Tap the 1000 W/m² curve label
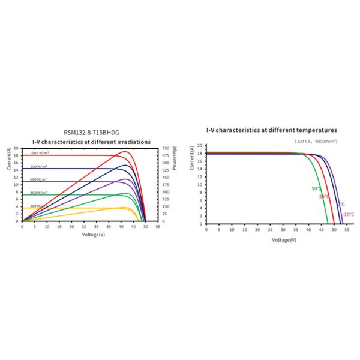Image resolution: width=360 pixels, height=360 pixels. tap(39, 153)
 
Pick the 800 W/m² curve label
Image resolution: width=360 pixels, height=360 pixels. tap(39, 166)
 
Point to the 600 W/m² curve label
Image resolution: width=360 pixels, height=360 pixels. tap(39, 179)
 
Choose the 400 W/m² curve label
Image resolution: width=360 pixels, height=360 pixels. tap(39, 192)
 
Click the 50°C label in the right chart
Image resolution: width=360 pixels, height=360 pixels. tap(316, 189)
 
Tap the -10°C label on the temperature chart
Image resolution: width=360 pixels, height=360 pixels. tap(348, 214)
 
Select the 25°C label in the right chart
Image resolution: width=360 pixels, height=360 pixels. tap(324, 196)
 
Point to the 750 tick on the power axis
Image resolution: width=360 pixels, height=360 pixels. tap(166, 148)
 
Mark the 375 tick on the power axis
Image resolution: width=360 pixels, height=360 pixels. tap(166, 184)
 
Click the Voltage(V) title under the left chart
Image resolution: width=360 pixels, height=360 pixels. tap(94, 235)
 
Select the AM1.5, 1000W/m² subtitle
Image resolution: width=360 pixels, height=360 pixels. tap(316, 141)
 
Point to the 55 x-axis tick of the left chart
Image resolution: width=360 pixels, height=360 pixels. tap(158, 227)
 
